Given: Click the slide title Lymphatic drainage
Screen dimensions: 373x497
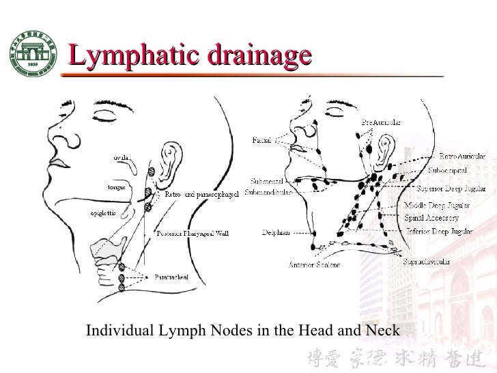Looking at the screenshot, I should click(189, 56).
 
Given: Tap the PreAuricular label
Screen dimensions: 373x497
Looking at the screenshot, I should click(381, 121).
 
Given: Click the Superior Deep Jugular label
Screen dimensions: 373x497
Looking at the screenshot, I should click(453, 188).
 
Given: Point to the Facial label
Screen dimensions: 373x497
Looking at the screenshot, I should click(262, 141).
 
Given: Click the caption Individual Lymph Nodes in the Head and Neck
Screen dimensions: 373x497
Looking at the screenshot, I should click(242, 331).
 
